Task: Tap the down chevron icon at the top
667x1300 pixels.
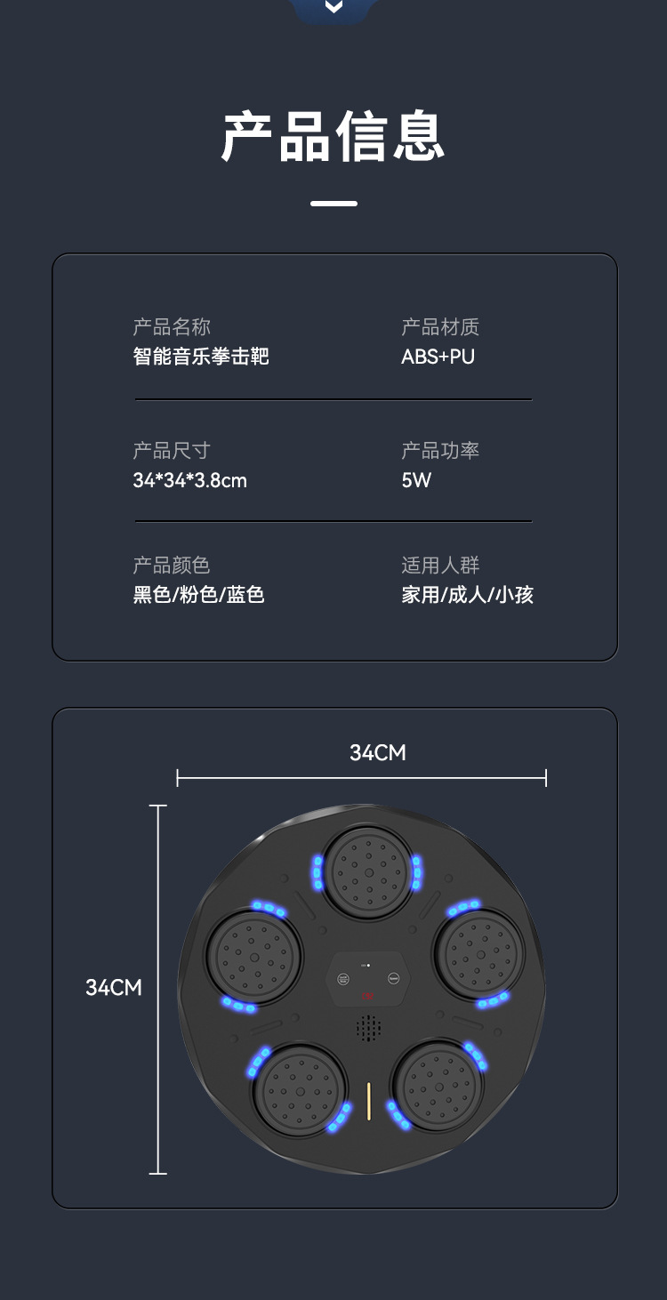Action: (x=333, y=7)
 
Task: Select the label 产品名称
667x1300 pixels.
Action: (x=172, y=327)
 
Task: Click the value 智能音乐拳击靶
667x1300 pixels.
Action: (x=201, y=357)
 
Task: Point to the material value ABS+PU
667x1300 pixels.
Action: (x=438, y=357)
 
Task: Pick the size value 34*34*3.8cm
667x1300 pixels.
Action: (x=189, y=480)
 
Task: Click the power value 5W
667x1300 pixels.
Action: (x=416, y=480)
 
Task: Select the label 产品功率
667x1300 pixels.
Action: (x=440, y=451)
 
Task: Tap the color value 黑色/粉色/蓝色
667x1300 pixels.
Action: (x=199, y=595)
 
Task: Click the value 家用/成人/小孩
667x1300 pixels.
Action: (x=467, y=595)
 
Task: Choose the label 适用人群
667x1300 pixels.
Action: (x=440, y=566)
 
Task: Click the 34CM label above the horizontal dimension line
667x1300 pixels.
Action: (x=378, y=753)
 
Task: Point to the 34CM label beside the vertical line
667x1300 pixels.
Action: (x=114, y=987)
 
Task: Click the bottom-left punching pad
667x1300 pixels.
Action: (x=301, y=1089)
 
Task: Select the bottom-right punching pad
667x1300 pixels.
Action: (x=437, y=1086)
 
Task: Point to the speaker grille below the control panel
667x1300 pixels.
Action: (x=368, y=1029)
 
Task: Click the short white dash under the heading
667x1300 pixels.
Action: (x=333, y=204)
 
